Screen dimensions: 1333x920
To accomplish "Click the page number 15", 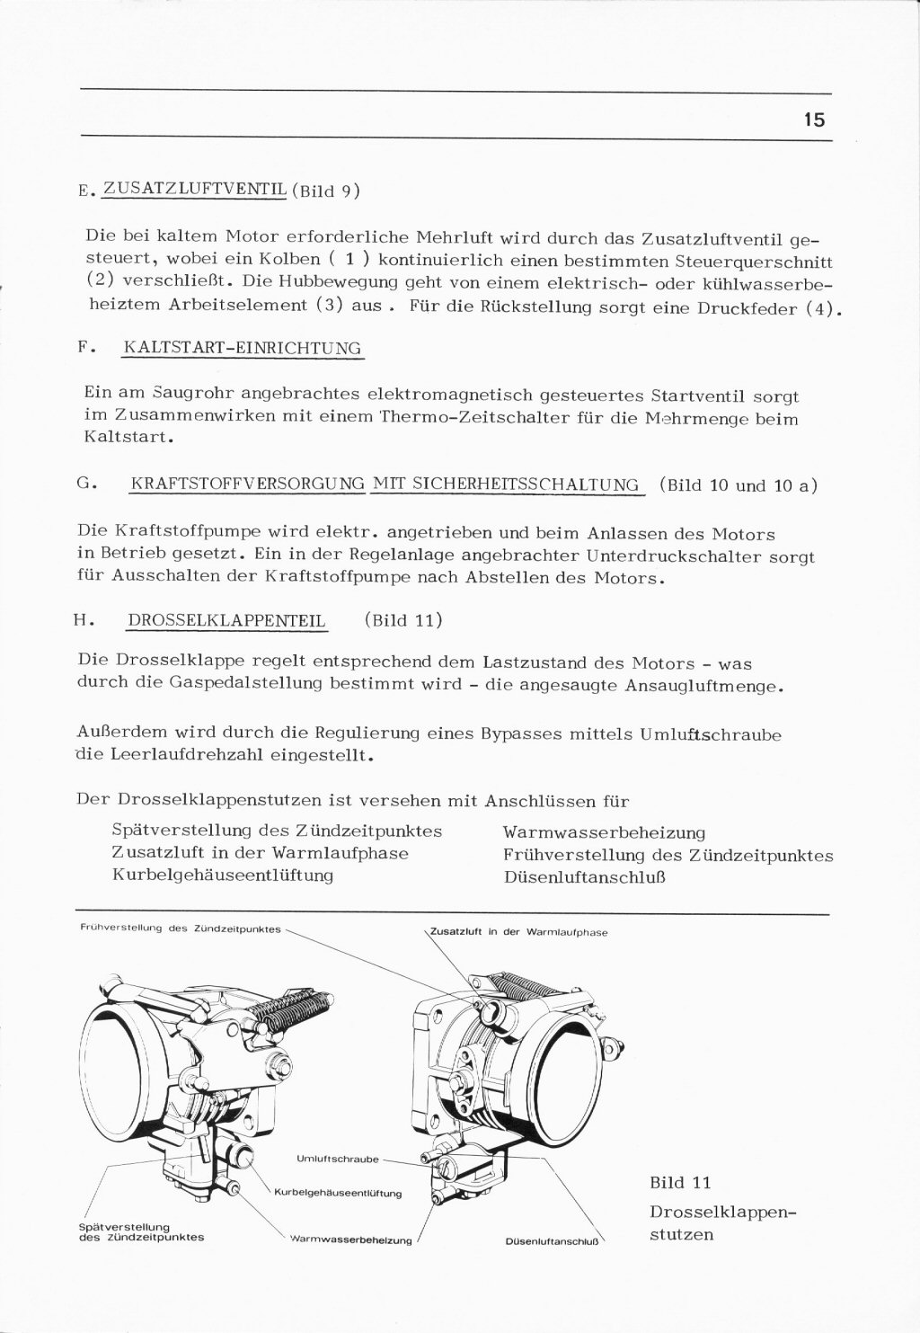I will pyautogui.click(x=814, y=120).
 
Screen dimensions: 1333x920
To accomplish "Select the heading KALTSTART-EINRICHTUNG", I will pyautogui.click(x=241, y=348).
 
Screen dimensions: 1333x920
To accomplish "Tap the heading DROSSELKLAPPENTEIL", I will pyautogui.click(x=227, y=620).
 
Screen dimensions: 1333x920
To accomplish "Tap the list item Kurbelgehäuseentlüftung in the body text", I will pyautogui.click(x=223, y=874).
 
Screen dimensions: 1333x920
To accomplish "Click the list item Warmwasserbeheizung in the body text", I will pyautogui.click(x=604, y=833).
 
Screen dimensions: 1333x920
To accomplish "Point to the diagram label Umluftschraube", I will pyautogui.click(x=337, y=1159).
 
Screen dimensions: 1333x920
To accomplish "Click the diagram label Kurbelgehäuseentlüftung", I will pyautogui.click(x=337, y=1194).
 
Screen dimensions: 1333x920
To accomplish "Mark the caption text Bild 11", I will pyautogui.click(x=679, y=1182).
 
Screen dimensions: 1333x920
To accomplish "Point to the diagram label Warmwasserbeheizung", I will pyautogui.click(x=350, y=1241).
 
